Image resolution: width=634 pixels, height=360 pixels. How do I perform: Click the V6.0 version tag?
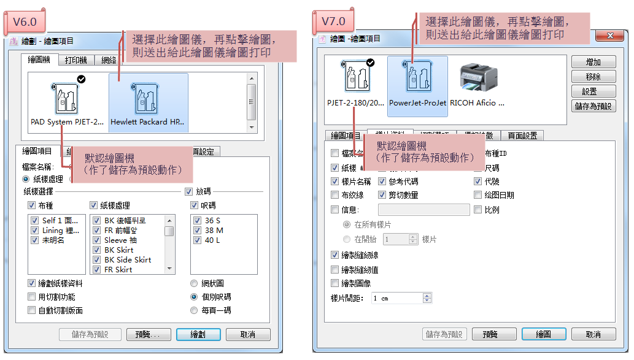coord(25,22)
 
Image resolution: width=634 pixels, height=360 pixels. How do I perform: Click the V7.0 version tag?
coord(334,21)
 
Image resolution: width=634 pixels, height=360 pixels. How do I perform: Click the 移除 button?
coord(593,77)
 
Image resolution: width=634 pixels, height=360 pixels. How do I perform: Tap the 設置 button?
coord(593,91)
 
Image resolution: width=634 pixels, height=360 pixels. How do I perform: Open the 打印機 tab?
coord(76,60)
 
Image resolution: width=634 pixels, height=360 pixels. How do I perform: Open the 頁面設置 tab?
coord(522,136)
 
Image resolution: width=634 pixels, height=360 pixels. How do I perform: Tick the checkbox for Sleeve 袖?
coord(96,240)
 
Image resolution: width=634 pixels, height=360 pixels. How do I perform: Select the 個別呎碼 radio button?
coord(195,297)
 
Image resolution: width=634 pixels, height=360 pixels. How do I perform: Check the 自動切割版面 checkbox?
coord(32,310)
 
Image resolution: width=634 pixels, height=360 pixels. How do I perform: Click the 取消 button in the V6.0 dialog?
coord(248,335)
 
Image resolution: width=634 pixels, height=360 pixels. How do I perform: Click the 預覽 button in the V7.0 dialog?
coord(490,335)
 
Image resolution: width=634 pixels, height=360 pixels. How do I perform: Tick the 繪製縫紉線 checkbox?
coord(334,255)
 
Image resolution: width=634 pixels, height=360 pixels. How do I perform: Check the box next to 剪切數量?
coord(382,195)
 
